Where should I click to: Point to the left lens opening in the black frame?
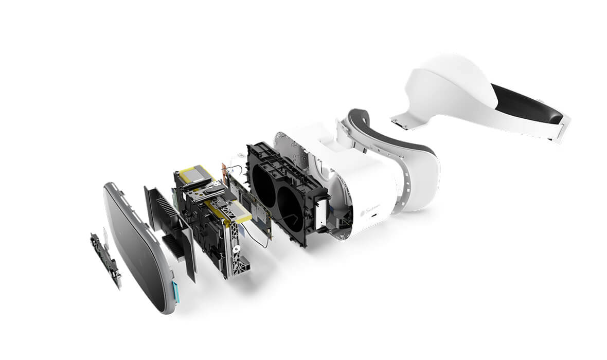(x=264, y=185)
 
